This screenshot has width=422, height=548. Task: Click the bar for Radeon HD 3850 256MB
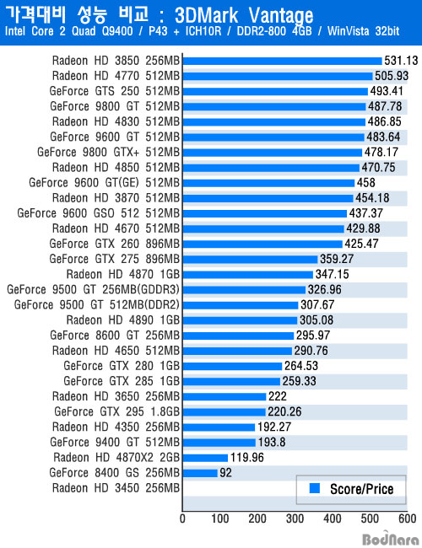coord(283,62)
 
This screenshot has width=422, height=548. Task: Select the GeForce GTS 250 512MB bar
coord(275,92)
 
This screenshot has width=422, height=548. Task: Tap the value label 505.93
coord(392,76)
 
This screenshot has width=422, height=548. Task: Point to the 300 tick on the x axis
coord(295,518)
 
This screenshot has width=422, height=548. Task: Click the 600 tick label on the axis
coord(408,518)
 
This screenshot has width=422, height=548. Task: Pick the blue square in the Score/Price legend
coord(315,488)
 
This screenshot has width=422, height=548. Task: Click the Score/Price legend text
coord(362,489)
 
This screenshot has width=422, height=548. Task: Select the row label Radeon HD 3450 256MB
coord(116,488)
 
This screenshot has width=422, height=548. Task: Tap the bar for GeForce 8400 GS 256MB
coord(200,473)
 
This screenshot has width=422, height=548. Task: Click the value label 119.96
coord(247,458)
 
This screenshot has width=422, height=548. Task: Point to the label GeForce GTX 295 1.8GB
coord(116,411)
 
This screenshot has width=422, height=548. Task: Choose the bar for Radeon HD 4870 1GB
coord(248,275)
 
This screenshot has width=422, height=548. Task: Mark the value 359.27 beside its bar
coord(337,259)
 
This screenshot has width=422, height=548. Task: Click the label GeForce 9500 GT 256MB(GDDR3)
coord(93,290)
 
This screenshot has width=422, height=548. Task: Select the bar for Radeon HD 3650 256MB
coord(225,397)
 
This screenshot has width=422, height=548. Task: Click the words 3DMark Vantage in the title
coord(244,16)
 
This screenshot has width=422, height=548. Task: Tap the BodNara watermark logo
coord(390,540)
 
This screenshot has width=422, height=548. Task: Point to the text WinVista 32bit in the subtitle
coord(363,31)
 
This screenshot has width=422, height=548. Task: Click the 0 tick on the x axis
coord(182,518)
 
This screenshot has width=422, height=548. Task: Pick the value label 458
coord(365,183)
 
